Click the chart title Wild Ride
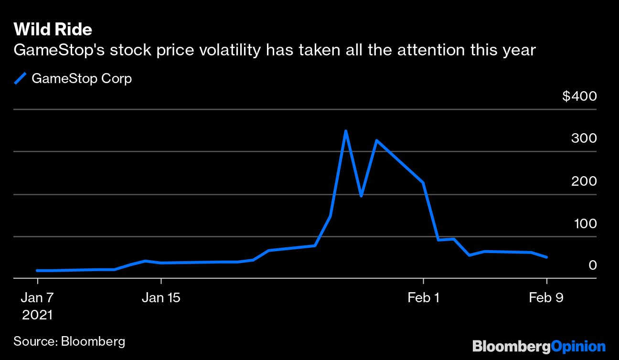(x=53, y=30)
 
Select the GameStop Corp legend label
(x=81, y=78)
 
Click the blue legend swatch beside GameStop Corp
(x=20, y=78)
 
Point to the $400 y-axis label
(x=579, y=96)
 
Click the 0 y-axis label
(x=593, y=265)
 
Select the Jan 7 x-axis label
(x=37, y=298)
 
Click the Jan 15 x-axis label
(x=161, y=298)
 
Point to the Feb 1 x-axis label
(x=423, y=298)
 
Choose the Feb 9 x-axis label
(x=546, y=298)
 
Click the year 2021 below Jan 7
(x=37, y=315)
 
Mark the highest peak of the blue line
(x=345, y=131)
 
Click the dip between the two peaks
(x=361, y=196)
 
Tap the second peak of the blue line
(x=377, y=140)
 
